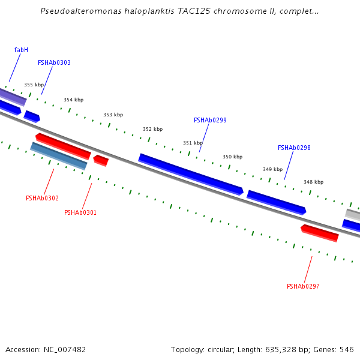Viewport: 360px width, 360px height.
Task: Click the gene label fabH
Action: [x=21, y=50]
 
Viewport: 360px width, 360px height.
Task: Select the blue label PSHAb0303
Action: [x=54, y=62]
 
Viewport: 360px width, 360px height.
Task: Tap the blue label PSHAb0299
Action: [x=210, y=120]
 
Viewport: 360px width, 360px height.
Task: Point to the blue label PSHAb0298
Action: [x=294, y=148]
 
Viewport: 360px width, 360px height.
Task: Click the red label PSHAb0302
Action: [x=42, y=198]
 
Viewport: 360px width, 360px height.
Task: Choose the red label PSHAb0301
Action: [x=80, y=212]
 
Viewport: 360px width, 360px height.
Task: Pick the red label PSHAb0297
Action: [x=303, y=286]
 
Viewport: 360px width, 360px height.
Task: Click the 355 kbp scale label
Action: [x=34, y=85]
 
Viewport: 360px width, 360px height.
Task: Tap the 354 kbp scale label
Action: [x=73, y=100]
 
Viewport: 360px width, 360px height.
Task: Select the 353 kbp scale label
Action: [x=113, y=115]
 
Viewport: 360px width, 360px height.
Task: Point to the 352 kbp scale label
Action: [x=152, y=129]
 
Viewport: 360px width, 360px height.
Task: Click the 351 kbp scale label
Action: [x=193, y=143]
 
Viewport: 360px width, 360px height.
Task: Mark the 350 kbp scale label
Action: [x=232, y=157]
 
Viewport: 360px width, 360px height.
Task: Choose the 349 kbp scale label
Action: [x=272, y=169]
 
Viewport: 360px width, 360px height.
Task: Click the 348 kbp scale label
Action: [x=313, y=182]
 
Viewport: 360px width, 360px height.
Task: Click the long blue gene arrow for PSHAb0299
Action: [x=191, y=174]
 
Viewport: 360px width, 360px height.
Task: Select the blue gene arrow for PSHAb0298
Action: [x=277, y=202]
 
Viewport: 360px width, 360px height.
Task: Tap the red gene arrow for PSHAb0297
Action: [x=320, y=233]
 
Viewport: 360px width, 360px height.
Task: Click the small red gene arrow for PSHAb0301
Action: [x=101, y=160]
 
